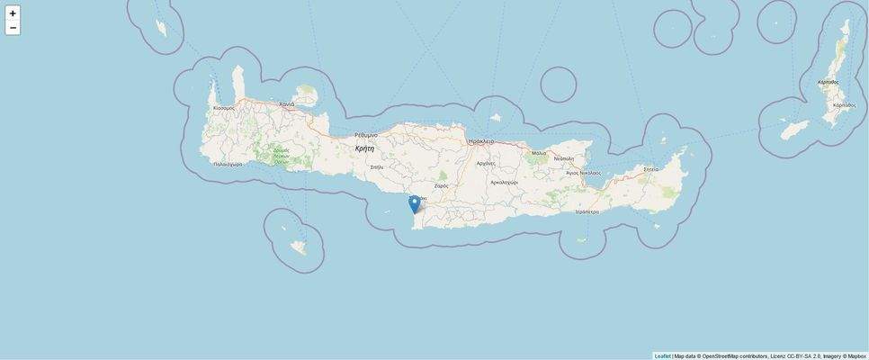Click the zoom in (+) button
coord(13,13)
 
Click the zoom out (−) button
coord(13,28)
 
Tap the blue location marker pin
coord(414,203)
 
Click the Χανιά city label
coord(287,104)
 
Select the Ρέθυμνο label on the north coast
coord(366,135)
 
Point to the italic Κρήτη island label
coord(364,148)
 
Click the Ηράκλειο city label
coord(481,141)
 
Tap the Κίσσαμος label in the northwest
coord(224,108)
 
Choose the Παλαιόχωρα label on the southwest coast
coord(228,165)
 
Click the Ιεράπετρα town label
coord(587,212)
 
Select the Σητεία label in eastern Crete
coord(650,169)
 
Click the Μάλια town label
coord(539,153)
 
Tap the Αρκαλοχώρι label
coord(504,182)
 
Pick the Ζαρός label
coord(441,186)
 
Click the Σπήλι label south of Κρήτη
coord(376,167)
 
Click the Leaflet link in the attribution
coord(662,356)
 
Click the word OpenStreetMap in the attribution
coord(720,356)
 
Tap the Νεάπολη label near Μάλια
coord(564,159)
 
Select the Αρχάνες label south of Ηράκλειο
coord(486,164)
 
